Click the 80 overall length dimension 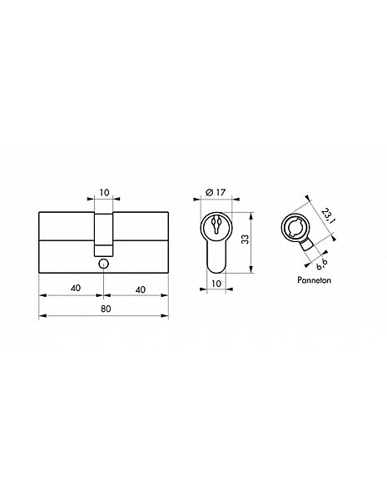click(x=106, y=309)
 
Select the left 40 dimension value click(x=76, y=288)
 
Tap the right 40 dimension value click(x=140, y=289)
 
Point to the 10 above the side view click(x=104, y=192)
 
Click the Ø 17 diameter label click(x=216, y=192)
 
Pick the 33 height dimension click(x=245, y=240)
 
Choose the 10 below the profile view click(x=216, y=284)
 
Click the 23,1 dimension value click(x=327, y=216)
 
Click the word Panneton click(x=314, y=280)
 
